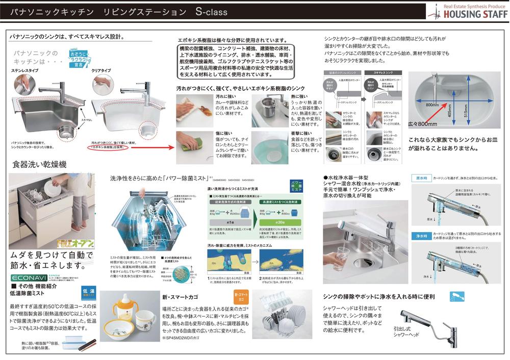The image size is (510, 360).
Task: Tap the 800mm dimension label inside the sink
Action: pyautogui.click(x=432, y=105)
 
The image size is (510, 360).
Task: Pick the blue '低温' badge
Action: pyautogui.click(x=89, y=292)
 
